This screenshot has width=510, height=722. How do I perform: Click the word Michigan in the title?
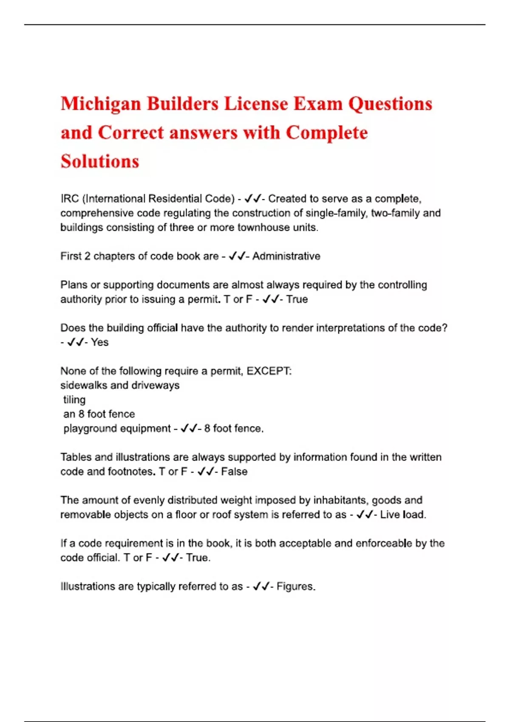[x=101, y=104]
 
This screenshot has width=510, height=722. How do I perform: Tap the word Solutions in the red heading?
[x=100, y=161]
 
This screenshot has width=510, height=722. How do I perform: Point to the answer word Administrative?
[x=286, y=256]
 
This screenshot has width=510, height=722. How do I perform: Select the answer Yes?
[x=100, y=342]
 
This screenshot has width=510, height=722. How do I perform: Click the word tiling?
[x=74, y=400]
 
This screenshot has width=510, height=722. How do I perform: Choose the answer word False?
[x=234, y=471]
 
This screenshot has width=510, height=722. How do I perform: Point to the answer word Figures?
[x=295, y=587]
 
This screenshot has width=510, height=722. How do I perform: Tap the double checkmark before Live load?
[x=365, y=515]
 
